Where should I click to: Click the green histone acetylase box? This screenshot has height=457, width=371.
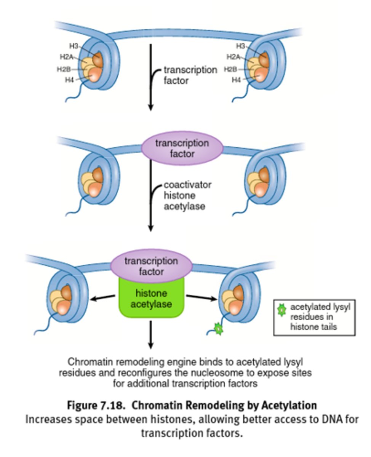point(152,298)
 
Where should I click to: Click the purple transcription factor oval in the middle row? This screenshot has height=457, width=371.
point(182,149)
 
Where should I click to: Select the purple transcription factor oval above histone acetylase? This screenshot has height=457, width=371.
point(151,266)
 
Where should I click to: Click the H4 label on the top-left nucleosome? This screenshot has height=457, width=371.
point(69,80)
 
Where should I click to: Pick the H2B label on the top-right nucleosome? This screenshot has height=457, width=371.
point(230,69)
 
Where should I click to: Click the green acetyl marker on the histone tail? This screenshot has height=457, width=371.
point(217,328)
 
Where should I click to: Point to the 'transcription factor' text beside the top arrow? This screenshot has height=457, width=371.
point(189,75)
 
